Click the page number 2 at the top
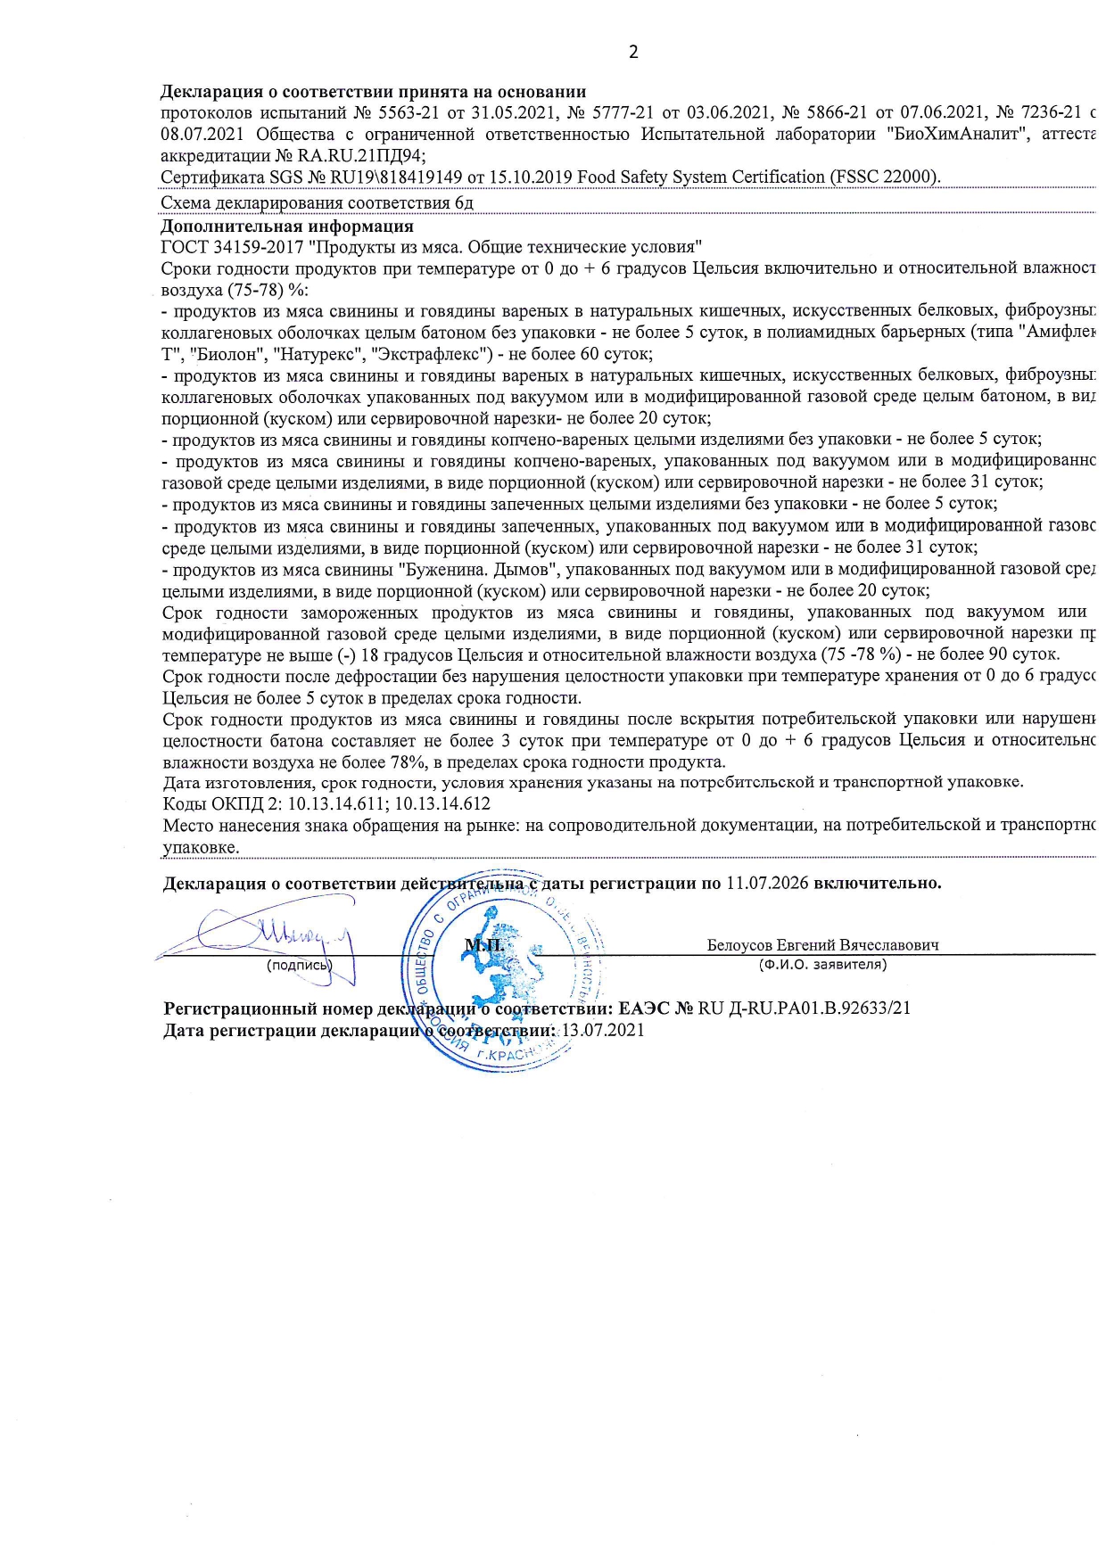(x=633, y=52)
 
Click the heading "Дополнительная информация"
(x=286, y=226)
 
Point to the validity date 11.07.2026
(x=767, y=883)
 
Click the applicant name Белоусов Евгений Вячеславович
(x=822, y=945)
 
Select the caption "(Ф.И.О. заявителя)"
(x=822, y=964)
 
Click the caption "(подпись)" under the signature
(x=299, y=964)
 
